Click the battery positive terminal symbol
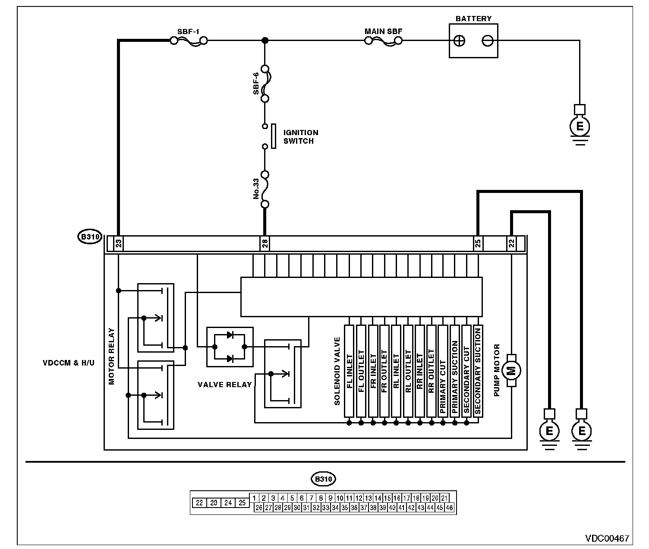click(460, 41)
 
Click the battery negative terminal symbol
click(488, 41)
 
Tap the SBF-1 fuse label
click(189, 32)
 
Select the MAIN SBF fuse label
click(383, 32)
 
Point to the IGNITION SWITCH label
click(301, 137)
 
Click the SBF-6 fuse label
click(256, 84)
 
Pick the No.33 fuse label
click(256, 189)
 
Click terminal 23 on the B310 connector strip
click(119, 243)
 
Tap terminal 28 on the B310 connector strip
click(265, 243)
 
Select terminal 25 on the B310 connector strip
click(478, 243)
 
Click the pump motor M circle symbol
click(511, 371)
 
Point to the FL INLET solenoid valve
click(349, 371)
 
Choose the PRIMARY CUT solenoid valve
click(443, 371)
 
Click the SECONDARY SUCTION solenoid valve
click(478, 371)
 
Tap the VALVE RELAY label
click(225, 385)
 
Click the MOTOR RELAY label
click(111, 357)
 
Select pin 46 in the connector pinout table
click(449, 508)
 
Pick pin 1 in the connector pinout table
click(254, 498)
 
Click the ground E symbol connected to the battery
click(580, 126)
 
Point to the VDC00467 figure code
click(607, 538)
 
